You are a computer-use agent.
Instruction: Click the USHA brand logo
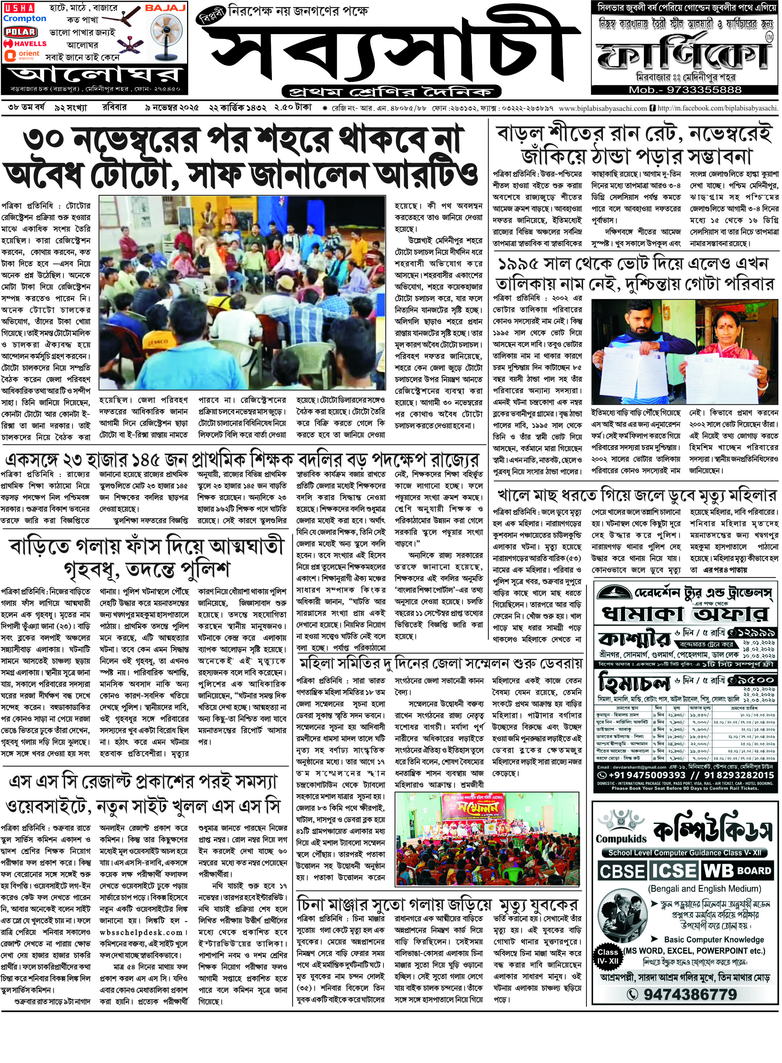tap(19, 8)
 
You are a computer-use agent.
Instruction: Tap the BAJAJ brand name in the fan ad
tap(165, 8)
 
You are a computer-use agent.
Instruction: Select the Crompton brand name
tap(24, 19)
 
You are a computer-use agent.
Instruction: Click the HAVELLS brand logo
tap(24, 44)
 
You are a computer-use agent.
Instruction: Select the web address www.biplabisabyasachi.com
tap(603, 109)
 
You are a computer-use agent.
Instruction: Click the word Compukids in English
tap(621, 838)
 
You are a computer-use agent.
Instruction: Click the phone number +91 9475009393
tap(641, 775)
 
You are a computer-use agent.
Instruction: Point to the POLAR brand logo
tap(20, 32)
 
